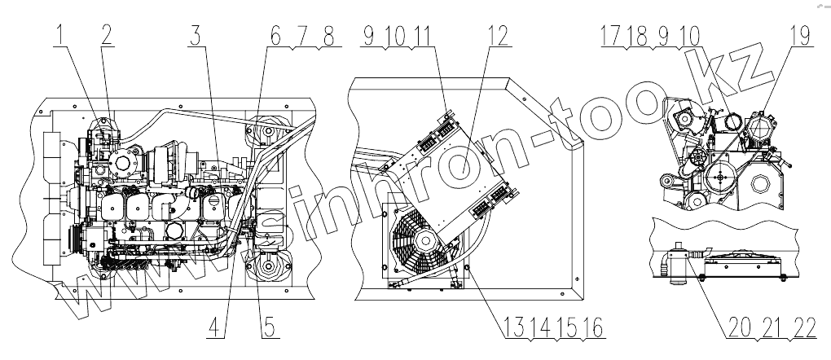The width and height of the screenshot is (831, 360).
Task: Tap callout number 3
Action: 196,36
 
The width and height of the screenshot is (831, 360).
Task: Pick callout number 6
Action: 275,36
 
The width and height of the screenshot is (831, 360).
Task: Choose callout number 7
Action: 301,36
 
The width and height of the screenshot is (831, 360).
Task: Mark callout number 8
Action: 328,36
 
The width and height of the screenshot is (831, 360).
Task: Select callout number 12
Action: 499,36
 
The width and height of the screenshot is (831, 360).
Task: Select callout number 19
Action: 797,36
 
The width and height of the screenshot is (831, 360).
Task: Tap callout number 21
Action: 772,327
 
